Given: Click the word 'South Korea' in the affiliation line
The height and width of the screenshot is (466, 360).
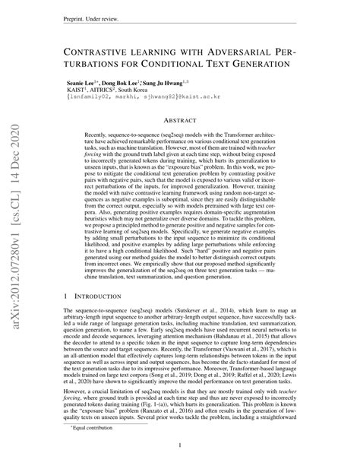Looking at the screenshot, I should point(144,90).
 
